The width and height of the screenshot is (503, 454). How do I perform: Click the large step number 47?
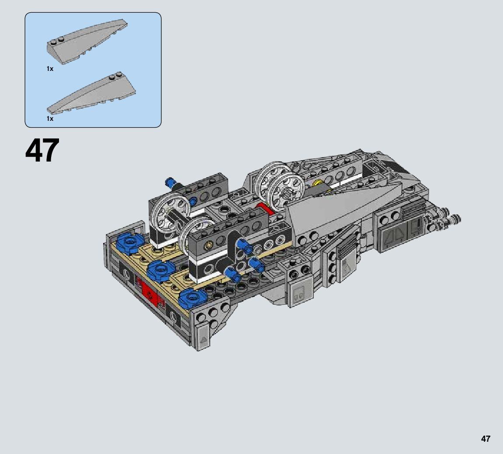[42, 150]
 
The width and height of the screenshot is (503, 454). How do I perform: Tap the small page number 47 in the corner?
[486, 439]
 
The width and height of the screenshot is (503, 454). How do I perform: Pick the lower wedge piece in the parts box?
[91, 93]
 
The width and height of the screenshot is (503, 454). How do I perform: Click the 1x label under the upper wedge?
[50, 69]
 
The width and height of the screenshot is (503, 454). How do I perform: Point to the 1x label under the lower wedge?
[50, 119]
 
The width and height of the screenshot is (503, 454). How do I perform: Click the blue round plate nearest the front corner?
[192, 298]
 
